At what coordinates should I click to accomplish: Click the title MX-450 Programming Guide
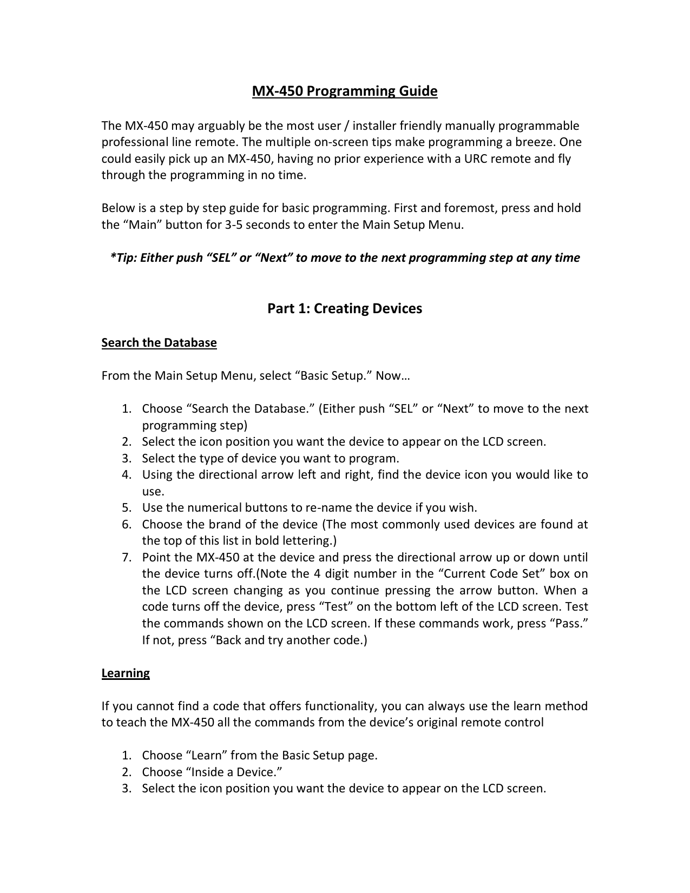pyautogui.click(x=345, y=91)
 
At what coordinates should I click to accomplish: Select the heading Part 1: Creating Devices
pyautogui.click(x=345, y=309)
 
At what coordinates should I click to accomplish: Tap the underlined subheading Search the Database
pyautogui.click(x=159, y=343)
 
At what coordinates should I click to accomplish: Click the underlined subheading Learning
pyautogui.click(x=126, y=673)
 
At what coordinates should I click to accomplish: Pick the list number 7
pyautogui.click(x=126, y=558)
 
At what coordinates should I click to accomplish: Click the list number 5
pyautogui.click(x=126, y=508)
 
